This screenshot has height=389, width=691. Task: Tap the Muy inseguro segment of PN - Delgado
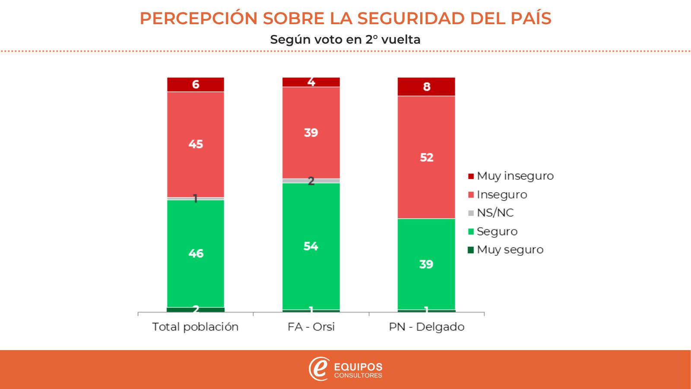click(426, 86)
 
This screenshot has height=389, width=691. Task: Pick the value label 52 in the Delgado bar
click(426, 157)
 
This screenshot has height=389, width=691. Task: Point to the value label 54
click(311, 246)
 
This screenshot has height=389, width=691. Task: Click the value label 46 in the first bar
click(196, 253)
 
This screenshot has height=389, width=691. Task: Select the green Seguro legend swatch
click(471, 232)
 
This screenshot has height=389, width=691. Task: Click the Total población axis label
click(195, 327)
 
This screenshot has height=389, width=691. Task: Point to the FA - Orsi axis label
click(311, 327)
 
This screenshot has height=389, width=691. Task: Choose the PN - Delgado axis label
click(426, 327)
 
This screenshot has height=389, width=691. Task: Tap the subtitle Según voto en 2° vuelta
click(345, 39)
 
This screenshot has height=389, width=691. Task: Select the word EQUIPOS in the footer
click(358, 367)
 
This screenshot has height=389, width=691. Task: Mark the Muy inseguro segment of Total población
click(196, 84)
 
